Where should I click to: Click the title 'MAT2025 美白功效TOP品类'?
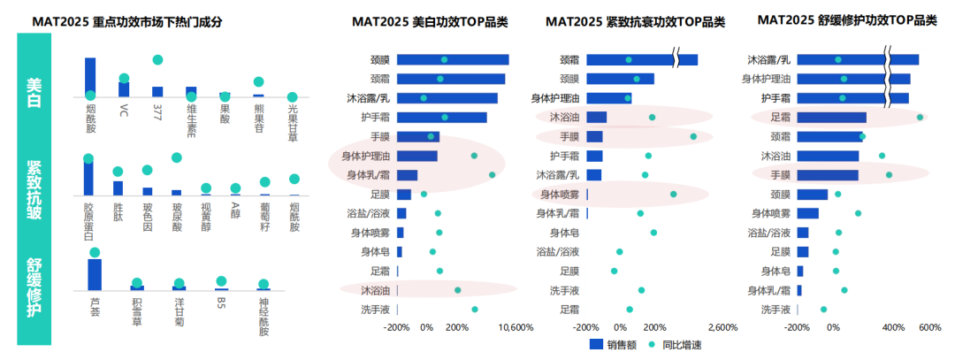[430, 21]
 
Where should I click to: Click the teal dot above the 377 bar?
[158, 60]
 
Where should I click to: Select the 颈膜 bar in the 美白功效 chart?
[452, 60]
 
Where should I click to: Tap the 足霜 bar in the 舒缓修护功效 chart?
[831, 117]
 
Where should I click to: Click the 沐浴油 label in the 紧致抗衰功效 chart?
[564, 117]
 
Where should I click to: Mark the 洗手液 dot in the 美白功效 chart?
[475, 310]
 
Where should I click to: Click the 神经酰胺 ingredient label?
[264, 306]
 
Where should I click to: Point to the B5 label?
[221, 302]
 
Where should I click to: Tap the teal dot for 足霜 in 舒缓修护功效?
[920, 117]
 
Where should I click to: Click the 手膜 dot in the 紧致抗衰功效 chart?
[693, 136]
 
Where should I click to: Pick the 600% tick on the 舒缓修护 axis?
[929, 326]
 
